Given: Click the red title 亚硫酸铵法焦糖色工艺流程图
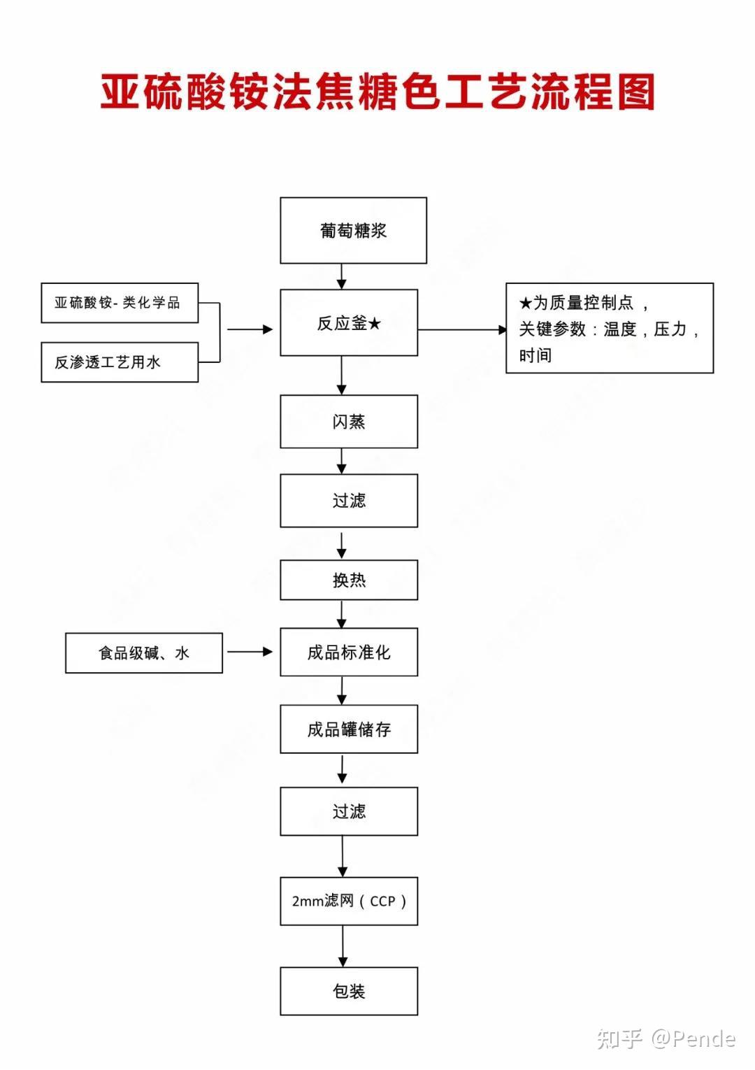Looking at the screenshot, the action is click(x=377, y=91).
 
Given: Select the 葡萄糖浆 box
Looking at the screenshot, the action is click(x=354, y=230).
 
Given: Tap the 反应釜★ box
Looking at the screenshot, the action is click(x=349, y=322).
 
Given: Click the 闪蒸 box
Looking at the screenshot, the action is click(x=349, y=421).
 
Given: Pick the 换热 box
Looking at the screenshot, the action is click(x=349, y=580).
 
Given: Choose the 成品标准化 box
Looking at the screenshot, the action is click(x=349, y=652).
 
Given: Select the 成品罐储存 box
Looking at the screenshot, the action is click(x=349, y=729).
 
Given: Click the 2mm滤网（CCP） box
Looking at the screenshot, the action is click(x=349, y=901).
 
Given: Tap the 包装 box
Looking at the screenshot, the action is click(x=349, y=991).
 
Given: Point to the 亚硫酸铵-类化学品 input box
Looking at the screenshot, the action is click(x=120, y=303).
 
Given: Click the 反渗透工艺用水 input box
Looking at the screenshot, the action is click(x=120, y=362).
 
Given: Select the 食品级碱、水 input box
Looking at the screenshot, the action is click(x=144, y=653).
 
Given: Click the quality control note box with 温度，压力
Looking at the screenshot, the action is click(x=610, y=328).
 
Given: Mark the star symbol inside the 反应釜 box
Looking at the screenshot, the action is click(x=375, y=324).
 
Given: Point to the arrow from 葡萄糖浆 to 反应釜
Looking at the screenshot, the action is click(x=341, y=276).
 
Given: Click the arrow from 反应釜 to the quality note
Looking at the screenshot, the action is click(x=462, y=329).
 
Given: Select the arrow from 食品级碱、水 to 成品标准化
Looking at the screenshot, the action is click(x=250, y=652).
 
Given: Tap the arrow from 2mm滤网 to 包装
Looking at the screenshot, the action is click(x=343, y=946).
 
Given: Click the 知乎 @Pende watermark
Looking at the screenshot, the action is click(x=666, y=1039).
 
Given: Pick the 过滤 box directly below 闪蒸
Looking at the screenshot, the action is click(x=349, y=501).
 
